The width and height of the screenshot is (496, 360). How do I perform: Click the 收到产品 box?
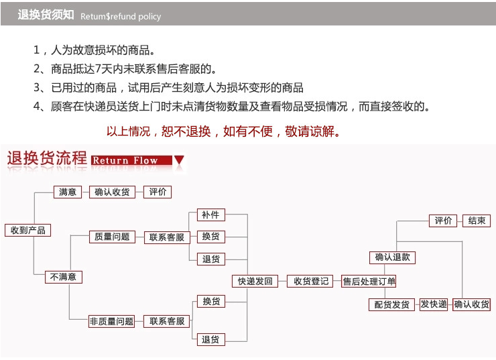(28, 230)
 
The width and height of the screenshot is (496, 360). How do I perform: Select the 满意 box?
(68, 192)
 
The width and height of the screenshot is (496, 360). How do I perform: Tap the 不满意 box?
(64, 277)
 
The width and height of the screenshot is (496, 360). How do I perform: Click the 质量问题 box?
(113, 237)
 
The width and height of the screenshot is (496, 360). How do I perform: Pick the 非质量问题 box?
(112, 321)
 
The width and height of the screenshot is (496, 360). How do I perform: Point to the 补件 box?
(211, 215)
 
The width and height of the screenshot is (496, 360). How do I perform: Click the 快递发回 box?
(255, 281)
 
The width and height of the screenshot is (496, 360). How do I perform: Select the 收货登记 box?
(310, 281)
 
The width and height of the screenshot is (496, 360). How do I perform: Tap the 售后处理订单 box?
(369, 282)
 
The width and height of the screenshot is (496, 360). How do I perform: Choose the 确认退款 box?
(392, 257)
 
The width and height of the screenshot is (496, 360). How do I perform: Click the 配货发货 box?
(391, 304)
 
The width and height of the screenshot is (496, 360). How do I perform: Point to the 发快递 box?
(434, 304)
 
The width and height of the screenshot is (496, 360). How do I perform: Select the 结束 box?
(477, 221)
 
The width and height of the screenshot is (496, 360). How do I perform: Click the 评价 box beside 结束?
(443, 221)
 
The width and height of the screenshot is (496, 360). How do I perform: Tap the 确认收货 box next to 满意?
(113, 192)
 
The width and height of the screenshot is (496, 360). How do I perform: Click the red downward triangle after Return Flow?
(179, 160)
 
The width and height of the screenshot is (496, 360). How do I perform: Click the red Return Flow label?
(131, 160)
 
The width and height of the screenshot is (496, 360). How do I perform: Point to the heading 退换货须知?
(46, 15)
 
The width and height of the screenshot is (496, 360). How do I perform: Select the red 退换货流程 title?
(47, 158)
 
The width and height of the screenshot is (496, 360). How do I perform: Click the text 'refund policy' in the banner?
(135, 17)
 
